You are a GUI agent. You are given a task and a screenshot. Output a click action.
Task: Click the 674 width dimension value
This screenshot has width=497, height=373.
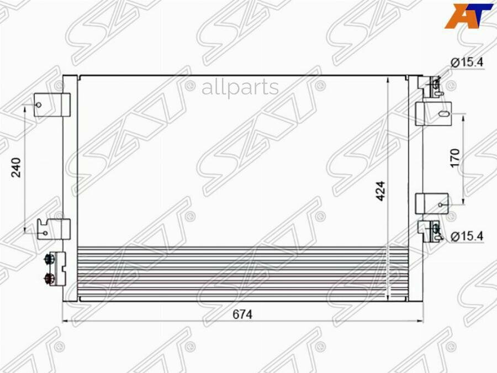pos(242,314)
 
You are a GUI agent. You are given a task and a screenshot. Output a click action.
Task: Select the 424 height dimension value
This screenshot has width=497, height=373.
pos(380,191)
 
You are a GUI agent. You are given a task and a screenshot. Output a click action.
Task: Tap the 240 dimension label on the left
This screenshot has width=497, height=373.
pos(16,167)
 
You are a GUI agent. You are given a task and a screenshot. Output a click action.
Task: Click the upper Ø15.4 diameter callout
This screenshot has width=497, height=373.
pos(467,62)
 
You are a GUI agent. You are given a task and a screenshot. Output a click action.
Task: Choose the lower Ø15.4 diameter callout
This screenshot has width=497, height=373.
pos(467,236)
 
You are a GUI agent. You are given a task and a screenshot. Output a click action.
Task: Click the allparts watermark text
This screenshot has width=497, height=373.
pos(240,87)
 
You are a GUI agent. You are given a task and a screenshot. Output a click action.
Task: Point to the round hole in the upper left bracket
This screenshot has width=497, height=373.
pos(39,104)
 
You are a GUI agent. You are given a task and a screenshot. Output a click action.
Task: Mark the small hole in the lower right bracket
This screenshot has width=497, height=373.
pos(440,205)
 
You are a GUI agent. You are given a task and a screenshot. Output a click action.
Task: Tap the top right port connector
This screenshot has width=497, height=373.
pos(435,85)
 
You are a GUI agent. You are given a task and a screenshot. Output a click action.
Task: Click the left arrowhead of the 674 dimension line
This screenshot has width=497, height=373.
pos(65,321)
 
